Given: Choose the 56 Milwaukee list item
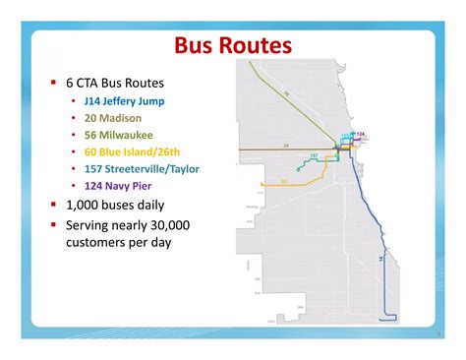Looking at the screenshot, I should (x=119, y=134).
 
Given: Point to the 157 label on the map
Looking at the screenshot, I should (x=313, y=155).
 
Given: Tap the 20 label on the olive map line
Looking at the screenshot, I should (x=286, y=146).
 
